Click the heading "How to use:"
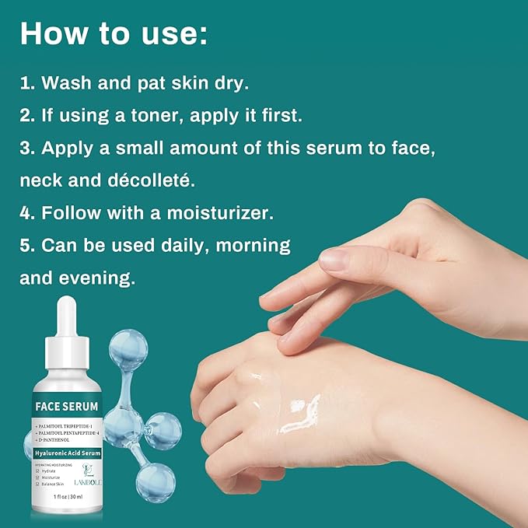point(114,33)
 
